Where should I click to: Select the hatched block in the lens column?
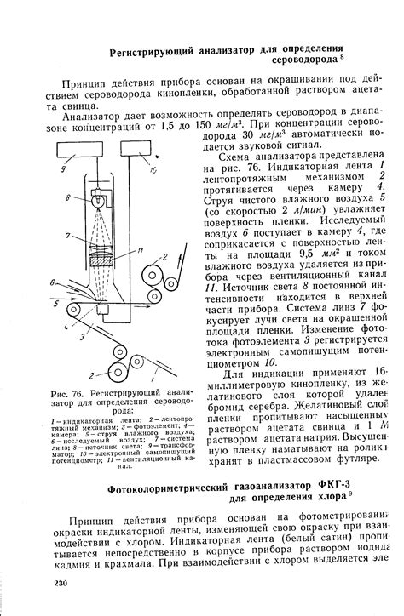pyautogui.click(x=102, y=263)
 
